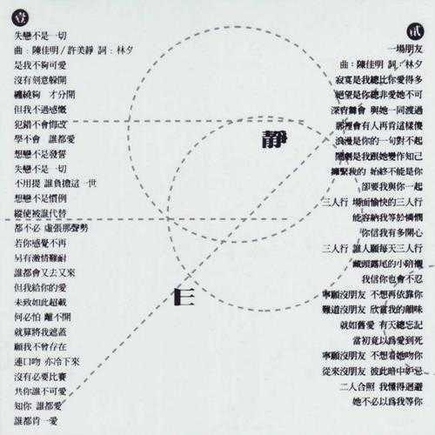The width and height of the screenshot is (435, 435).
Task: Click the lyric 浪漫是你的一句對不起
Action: (374, 139)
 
